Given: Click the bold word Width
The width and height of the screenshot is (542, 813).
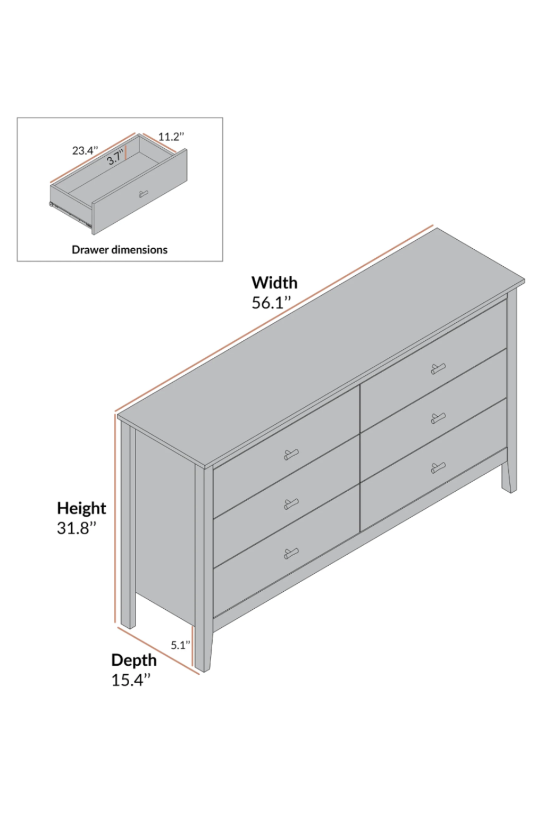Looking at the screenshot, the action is pyautogui.click(x=274, y=283).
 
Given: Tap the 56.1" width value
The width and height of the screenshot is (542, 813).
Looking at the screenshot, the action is pyautogui.click(x=271, y=303).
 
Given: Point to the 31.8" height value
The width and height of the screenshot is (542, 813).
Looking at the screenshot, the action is pyautogui.click(x=77, y=528).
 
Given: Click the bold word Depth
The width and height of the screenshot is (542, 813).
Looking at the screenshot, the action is pyautogui.click(x=134, y=660).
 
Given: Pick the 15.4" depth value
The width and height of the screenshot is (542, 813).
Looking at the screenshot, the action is pyautogui.click(x=131, y=680).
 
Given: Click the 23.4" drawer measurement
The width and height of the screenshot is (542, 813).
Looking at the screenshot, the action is pyautogui.click(x=85, y=150).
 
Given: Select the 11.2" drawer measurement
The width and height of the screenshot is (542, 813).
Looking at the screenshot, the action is pyautogui.click(x=171, y=137).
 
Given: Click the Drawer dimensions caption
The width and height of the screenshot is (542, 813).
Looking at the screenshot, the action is pyautogui.click(x=120, y=250).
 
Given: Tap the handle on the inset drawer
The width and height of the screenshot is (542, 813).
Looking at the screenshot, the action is pyautogui.click(x=143, y=194).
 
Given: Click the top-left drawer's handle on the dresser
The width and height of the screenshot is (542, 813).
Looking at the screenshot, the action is pyautogui.click(x=291, y=454).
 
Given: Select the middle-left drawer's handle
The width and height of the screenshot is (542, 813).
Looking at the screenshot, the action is pyautogui.click(x=291, y=504).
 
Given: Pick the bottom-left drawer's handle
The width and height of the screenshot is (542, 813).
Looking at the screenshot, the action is pyautogui.click(x=291, y=553).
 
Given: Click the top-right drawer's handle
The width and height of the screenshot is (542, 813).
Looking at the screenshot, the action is pyautogui.click(x=438, y=369).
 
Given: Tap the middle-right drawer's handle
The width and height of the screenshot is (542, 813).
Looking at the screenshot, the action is pyautogui.click(x=438, y=419).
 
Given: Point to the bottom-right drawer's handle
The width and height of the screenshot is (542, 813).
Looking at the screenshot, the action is pyautogui.click(x=438, y=468).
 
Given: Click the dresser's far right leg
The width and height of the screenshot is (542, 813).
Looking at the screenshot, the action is pyautogui.click(x=510, y=475).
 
